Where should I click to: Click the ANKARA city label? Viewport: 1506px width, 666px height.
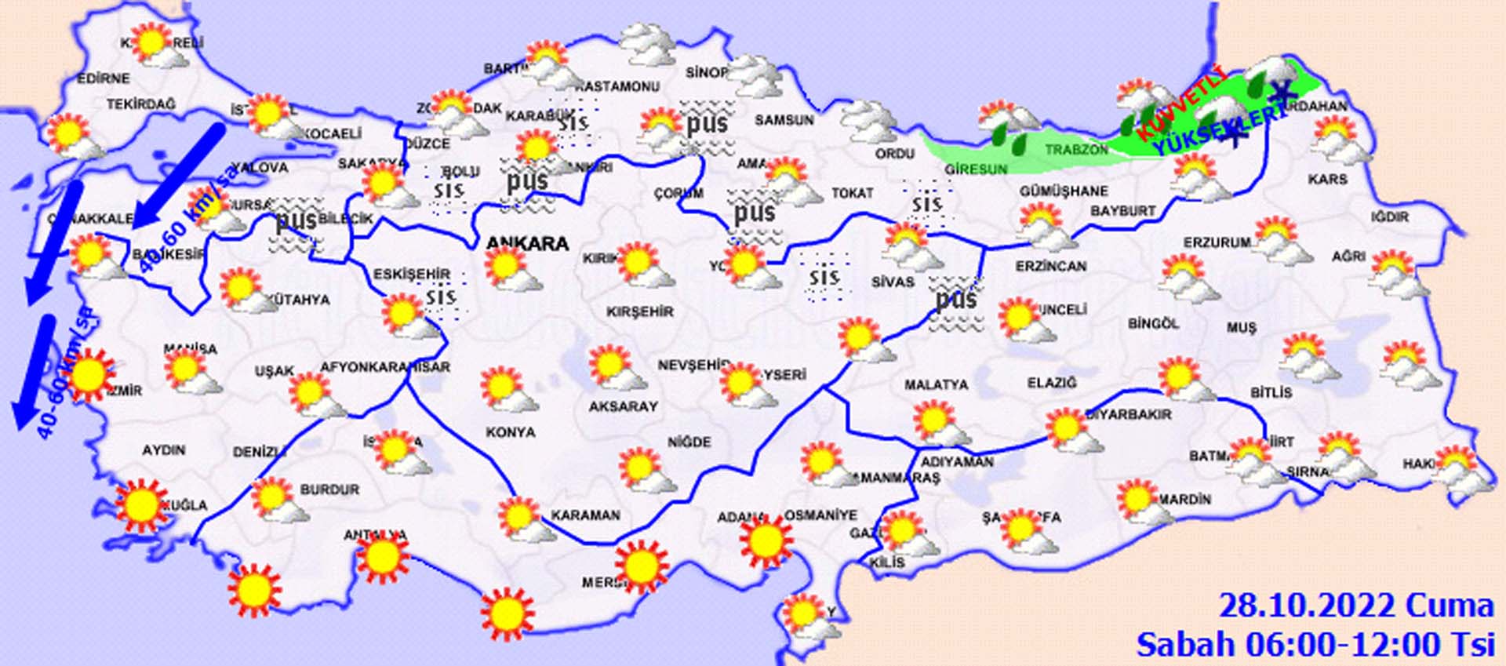coord(527,244)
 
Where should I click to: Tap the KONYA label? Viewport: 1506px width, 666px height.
coord(511,432)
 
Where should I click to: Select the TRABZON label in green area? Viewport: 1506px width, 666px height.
coord(1076,150)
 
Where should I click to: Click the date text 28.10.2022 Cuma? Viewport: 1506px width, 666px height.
coord(1355,606)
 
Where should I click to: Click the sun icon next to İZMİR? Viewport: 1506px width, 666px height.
coord(89,376)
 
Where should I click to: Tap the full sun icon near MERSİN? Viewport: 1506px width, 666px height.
coord(641,566)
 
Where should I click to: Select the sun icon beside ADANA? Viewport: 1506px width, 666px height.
coord(765,540)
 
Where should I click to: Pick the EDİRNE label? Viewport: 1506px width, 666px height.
coord(103,78)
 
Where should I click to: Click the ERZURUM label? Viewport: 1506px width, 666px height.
coord(1217,243)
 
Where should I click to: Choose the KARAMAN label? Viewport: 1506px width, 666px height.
coord(585,515)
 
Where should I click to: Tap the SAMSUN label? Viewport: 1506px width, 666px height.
coord(784,120)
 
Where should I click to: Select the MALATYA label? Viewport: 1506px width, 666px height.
coord(936,385)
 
